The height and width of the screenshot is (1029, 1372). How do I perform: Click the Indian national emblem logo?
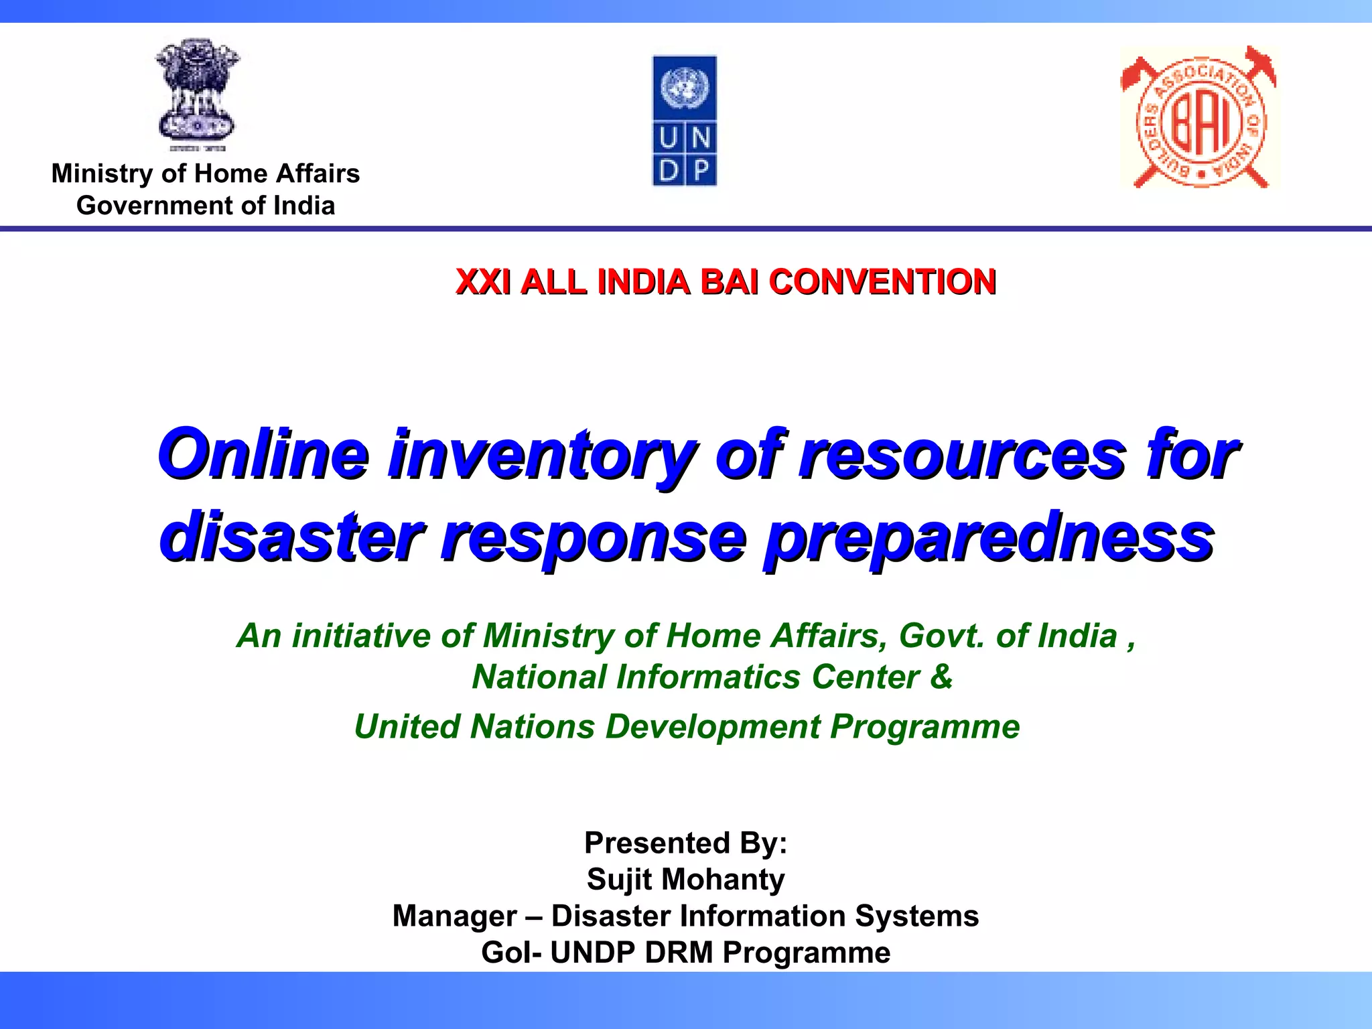point(197,94)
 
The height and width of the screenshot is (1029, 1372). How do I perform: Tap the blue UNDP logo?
point(684,121)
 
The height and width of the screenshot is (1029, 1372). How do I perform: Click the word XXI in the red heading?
point(482,281)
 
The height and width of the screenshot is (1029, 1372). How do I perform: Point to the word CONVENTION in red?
point(882,281)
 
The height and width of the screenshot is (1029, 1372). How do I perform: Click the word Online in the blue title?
point(263,454)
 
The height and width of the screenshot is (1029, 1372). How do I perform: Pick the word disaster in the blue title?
point(291,537)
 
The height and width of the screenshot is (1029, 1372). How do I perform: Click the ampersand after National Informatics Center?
point(941,676)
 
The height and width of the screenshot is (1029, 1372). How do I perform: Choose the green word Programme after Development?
point(924,727)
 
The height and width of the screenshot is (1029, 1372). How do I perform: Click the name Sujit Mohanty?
point(685,880)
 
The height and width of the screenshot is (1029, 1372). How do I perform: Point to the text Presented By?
point(685,843)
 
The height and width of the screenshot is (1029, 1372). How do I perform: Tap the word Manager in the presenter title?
point(454,916)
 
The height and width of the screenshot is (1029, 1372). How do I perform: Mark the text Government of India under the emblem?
point(206,206)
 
